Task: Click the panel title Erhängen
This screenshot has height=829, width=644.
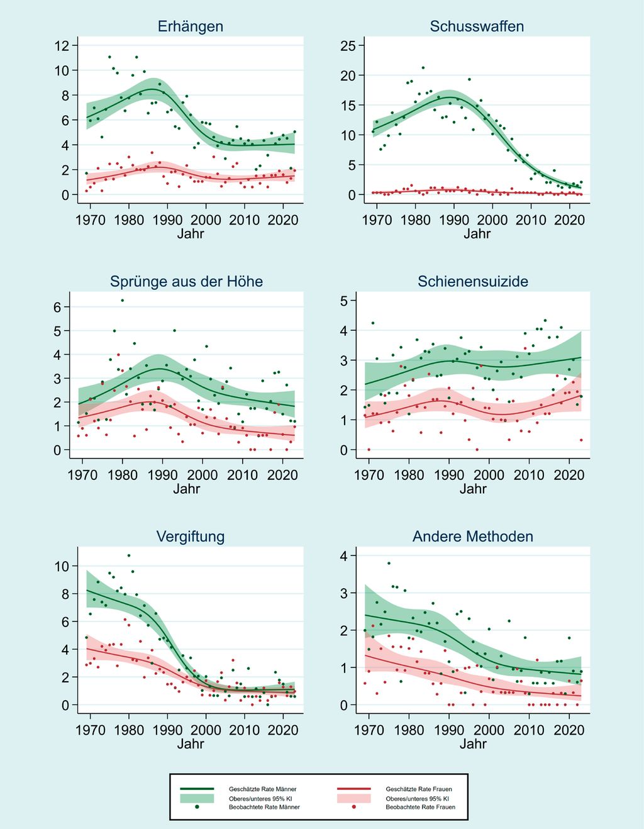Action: coord(190,26)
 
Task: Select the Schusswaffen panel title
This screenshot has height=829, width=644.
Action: coord(477,26)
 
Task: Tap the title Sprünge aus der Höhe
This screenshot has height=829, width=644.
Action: coord(186,281)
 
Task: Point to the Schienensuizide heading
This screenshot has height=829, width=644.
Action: coord(473,281)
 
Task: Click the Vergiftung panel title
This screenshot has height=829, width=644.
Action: coord(190,537)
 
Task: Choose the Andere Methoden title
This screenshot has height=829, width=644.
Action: coord(473,537)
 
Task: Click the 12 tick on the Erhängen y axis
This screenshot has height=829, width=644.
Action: coord(62,45)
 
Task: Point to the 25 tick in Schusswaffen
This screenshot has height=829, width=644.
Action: coord(348,45)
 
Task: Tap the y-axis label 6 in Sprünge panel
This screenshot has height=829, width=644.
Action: coord(57,307)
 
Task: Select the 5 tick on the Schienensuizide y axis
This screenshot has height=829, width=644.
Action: coord(343,301)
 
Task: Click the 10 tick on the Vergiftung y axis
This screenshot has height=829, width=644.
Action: coord(62,566)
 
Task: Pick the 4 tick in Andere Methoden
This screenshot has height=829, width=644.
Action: coord(343,555)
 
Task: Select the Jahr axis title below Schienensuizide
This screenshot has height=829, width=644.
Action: coord(473,489)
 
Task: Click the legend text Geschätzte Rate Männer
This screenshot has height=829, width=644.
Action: coord(262,789)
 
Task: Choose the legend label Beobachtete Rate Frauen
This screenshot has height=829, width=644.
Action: coord(420,806)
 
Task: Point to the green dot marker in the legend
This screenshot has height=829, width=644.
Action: coord(197,806)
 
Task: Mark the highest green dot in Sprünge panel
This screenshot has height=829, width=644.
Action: coord(123,301)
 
